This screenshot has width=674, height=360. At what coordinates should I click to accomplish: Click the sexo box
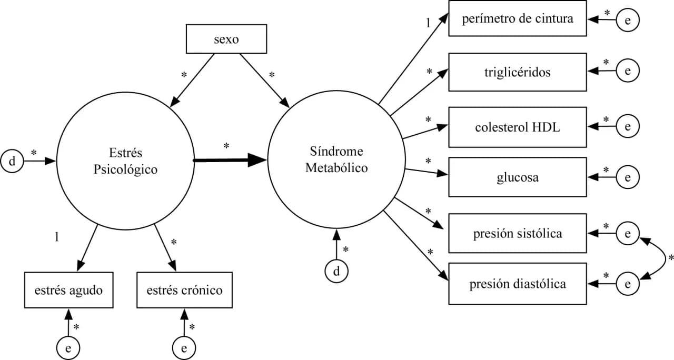226,40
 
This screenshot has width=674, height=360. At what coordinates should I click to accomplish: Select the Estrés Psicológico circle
125,161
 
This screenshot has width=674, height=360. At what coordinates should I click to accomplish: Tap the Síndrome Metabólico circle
336,160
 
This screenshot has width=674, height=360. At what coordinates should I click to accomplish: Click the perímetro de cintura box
517,19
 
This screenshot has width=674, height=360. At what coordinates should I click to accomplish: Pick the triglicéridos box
517,72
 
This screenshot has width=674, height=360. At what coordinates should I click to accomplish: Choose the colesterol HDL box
517,127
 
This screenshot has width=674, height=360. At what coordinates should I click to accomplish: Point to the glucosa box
517,177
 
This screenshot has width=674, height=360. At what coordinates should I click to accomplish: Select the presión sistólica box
517,233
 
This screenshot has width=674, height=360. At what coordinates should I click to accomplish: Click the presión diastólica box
517,284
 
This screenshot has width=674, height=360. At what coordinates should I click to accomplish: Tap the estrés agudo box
68,290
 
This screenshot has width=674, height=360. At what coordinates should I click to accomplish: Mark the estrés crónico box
184,290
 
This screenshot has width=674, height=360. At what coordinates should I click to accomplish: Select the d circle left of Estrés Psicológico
13,161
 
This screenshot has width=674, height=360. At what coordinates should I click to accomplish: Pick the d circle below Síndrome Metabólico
336,272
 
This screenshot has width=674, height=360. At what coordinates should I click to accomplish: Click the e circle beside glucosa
628,177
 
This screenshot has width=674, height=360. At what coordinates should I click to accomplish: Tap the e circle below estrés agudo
68,347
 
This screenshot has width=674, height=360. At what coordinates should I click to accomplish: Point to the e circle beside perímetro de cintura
628,19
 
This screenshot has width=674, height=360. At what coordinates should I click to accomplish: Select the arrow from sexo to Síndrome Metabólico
267,84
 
